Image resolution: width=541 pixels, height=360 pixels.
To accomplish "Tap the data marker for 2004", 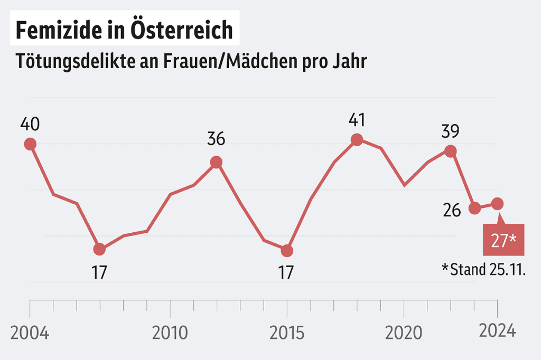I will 30,144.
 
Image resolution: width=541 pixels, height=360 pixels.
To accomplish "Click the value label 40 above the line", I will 30,125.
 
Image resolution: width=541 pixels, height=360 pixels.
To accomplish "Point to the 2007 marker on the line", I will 99,249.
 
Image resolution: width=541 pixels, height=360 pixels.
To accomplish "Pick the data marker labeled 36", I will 216,162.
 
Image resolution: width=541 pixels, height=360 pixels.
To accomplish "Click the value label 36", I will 216,139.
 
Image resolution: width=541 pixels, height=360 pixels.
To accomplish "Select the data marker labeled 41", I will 357,140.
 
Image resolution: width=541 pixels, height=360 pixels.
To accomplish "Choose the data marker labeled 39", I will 450,151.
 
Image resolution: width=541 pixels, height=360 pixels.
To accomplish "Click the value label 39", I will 451,130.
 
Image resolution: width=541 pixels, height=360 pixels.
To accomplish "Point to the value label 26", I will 452,210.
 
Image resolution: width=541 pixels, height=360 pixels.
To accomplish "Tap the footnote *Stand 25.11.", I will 483,269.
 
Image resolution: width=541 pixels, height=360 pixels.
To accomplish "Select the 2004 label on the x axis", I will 30,333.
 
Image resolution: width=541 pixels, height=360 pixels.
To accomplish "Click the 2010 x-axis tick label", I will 170,333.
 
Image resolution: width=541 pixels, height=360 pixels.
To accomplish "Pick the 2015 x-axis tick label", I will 287,333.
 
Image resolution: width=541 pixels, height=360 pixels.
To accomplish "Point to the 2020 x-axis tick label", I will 404,333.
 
